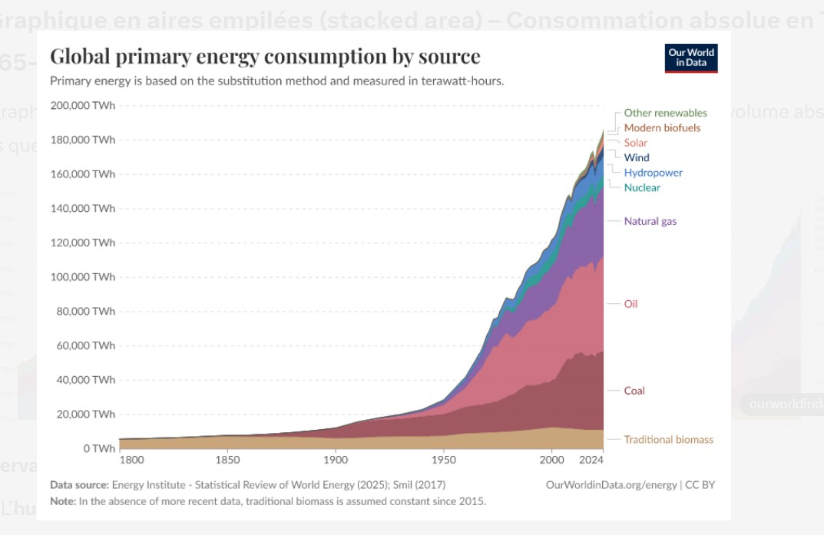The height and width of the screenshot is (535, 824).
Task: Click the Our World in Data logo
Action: click(691, 58)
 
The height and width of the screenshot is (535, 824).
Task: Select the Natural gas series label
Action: click(650, 221)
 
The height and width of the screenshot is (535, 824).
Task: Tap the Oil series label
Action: click(630, 304)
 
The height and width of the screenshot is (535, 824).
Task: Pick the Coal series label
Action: click(634, 391)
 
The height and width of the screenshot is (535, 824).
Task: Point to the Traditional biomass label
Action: click(668, 440)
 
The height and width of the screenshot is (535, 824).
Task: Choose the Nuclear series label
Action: click(642, 187)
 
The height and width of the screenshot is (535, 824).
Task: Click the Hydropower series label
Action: click(653, 173)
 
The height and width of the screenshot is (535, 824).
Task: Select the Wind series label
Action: click(637, 157)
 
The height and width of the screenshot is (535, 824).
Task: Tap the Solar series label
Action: click(635, 143)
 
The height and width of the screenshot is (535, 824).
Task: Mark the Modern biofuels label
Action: click(662, 127)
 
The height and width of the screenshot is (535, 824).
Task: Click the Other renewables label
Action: click(665, 113)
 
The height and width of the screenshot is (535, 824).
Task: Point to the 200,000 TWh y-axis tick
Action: click(82, 105)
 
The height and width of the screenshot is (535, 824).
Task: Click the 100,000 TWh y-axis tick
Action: click(82, 276)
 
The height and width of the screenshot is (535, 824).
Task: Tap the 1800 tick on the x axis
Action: click(132, 461)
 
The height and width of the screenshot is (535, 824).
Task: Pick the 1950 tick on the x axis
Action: click(443, 461)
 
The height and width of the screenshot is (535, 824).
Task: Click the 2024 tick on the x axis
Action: click(591, 461)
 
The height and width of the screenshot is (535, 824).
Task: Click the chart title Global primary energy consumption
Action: click(265, 56)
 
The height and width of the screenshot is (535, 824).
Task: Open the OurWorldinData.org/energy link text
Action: click(611, 485)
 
